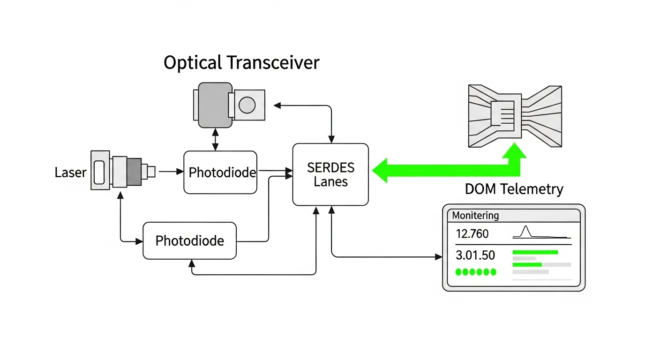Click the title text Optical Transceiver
pyautogui.click(x=241, y=62)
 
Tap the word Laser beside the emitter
pyautogui.click(x=70, y=172)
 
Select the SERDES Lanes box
pyautogui.click(x=330, y=174)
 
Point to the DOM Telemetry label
pyautogui.click(x=514, y=189)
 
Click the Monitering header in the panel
pyautogui.click(x=475, y=216)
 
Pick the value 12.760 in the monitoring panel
pyautogui.click(x=472, y=233)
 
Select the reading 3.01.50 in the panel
pyautogui.click(x=475, y=255)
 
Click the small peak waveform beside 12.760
pyautogui.click(x=526, y=232)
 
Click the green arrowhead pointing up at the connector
pyautogui.click(x=514, y=151)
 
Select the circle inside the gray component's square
pyautogui.click(x=247, y=105)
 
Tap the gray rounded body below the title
pyautogui.click(x=215, y=105)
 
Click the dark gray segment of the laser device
pyautogui.click(x=134, y=172)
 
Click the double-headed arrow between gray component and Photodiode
pyautogui.click(x=215, y=139)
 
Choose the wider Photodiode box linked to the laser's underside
pyautogui.click(x=189, y=241)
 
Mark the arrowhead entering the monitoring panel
pyautogui.click(x=439, y=257)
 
